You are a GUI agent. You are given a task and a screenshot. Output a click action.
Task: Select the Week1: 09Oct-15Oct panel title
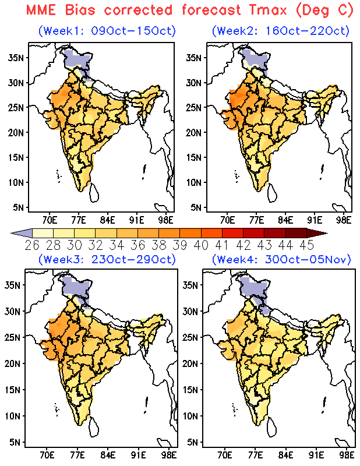[x=107, y=31]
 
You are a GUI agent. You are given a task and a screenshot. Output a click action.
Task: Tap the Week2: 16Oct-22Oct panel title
[x=281, y=31]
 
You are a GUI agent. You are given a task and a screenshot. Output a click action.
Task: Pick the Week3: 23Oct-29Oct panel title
[x=107, y=259]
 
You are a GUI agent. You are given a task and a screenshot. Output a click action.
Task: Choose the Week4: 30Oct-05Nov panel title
[x=281, y=259]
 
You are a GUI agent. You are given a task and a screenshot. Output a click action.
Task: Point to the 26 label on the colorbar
[x=32, y=245]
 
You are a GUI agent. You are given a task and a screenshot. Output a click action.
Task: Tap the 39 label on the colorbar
[x=180, y=245]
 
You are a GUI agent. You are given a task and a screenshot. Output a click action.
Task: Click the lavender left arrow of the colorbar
[x=22, y=233]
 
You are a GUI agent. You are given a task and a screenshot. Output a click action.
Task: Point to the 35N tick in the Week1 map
[x=16, y=58]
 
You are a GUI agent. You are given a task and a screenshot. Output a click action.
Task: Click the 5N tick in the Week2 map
[x=196, y=207]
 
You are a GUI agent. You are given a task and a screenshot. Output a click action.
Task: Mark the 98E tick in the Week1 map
[x=165, y=220]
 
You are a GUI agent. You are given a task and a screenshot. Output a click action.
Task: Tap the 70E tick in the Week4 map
[x=225, y=455]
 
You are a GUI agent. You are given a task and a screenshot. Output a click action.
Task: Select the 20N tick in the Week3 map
[x=12, y=363]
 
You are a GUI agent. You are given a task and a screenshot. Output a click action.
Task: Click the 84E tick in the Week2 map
[x=285, y=220]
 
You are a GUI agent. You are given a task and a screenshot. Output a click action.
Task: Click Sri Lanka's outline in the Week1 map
[x=94, y=192]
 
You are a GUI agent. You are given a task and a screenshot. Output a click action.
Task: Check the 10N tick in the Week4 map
[x=190, y=416]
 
